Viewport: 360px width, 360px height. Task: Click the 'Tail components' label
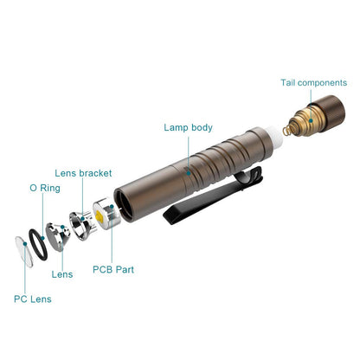click(x=313, y=83)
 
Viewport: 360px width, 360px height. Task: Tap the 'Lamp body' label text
click(x=189, y=127)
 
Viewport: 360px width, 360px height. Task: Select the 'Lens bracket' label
click(x=83, y=173)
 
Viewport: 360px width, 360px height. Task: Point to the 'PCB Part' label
click(x=114, y=269)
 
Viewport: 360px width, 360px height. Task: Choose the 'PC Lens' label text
click(x=32, y=299)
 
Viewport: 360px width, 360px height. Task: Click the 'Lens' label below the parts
click(x=62, y=274)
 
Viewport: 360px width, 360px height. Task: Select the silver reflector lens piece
click(x=57, y=233)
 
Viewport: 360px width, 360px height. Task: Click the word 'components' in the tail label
click(x=325, y=83)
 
